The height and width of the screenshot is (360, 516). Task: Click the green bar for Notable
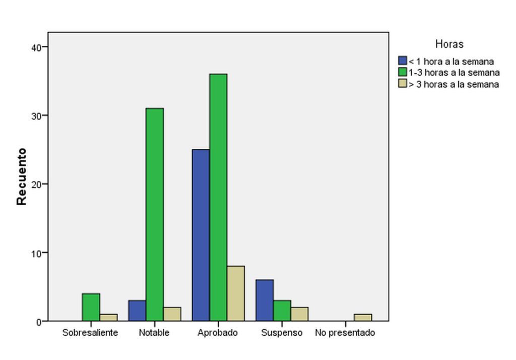[155, 214]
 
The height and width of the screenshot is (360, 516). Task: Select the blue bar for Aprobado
[201, 235]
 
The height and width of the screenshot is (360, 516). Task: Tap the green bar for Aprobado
[218, 197]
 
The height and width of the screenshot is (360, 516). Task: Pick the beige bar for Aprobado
[236, 293]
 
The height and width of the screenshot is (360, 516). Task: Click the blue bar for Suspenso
[265, 301]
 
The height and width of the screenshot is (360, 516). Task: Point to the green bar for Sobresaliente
[91, 307]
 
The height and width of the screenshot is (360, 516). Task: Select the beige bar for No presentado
[363, 318]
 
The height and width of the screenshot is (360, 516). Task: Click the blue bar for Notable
[137, 311]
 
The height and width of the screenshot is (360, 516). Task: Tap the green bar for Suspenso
[282, 311]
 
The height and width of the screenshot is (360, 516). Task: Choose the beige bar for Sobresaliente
[109, 318]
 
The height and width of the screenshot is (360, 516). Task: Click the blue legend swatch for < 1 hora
[402, 62]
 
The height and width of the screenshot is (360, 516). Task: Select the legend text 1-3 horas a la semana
[454, 73]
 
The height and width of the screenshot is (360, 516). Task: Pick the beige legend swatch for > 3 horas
[402, 84]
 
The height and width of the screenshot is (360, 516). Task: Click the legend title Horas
[449, 44]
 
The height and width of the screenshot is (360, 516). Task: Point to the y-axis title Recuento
[21, 176]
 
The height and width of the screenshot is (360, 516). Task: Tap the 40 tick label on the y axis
[36, 47]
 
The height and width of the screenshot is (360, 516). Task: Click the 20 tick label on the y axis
[36, 184]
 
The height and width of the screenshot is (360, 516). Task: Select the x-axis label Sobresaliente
[90, 333]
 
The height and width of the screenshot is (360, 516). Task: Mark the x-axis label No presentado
[345, 333]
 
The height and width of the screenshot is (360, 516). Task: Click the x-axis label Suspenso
[282, 333]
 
